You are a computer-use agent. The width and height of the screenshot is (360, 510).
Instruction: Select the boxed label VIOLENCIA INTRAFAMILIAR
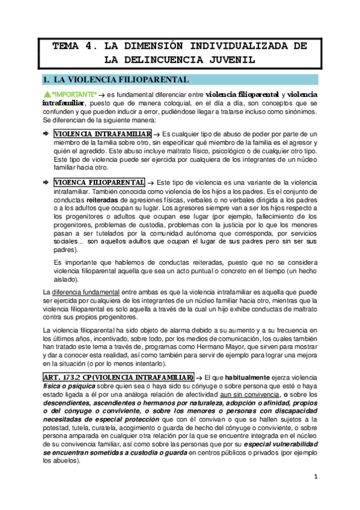(x=102, y=134)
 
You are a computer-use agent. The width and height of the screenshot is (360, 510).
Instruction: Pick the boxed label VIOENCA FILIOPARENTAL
(x=99, y=182)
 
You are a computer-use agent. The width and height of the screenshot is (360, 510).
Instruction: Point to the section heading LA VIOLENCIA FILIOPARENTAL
(x=122, y=79)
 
